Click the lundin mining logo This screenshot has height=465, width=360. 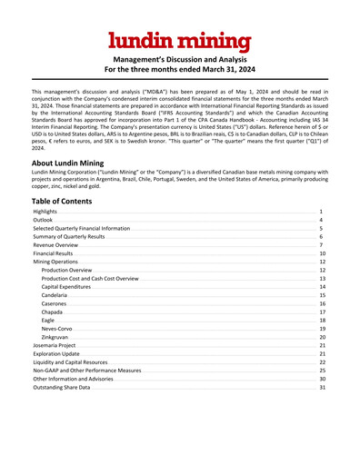[179, 40]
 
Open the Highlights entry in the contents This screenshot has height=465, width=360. [46, 211]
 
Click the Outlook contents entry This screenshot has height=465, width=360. [43, 221]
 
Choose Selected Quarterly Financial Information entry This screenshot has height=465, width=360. [81, 230]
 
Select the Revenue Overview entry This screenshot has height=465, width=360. [55, 246]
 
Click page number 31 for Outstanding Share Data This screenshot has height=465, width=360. [322, 388]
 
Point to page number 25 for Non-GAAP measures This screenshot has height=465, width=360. [322, 371]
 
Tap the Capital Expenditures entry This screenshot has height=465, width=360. [69, 287]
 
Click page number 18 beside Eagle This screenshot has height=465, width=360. [322, 321]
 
